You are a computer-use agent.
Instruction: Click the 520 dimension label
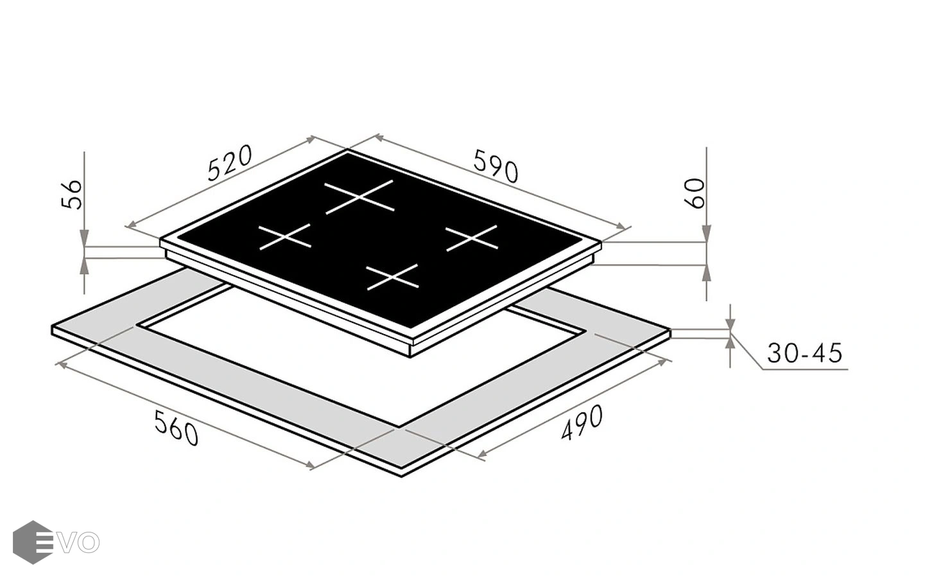[230, 162]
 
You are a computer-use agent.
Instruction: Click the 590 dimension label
[496, 166]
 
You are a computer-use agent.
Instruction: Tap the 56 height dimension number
[72, 194]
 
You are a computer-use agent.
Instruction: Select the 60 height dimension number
[695, 193]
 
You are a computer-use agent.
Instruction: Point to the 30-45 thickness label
[804, 353]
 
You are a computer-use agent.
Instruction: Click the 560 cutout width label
[177, 428]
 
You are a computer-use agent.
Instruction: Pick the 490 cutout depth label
[582, 423]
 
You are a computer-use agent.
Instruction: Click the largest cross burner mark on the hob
[359, 197]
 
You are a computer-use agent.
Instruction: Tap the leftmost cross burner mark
[285, 237]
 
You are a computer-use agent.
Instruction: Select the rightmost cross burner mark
[472, 238]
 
